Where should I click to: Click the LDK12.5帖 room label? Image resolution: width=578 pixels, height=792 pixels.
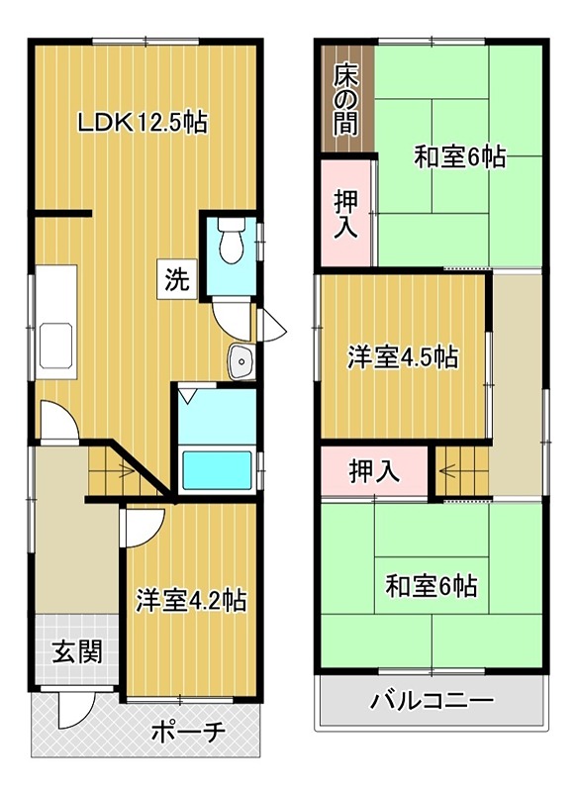point(143,124)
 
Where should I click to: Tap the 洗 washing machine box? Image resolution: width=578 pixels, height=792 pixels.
point(175,279)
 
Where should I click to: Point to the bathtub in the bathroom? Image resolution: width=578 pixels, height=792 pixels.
point(219,469)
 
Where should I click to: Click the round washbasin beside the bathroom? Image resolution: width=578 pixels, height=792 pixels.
point(241,363)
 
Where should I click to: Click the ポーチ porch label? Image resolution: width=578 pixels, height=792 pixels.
point(188,733)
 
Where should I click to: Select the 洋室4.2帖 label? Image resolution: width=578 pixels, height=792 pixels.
point(191,599)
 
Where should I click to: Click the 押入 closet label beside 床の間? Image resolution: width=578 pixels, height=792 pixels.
point(344,213)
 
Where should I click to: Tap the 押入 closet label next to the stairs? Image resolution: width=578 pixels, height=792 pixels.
point(374,472)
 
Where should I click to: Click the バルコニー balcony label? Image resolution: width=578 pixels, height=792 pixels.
point(432,704)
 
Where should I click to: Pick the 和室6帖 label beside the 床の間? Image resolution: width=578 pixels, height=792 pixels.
point(459,155)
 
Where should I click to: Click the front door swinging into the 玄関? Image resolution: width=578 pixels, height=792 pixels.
point(73,709)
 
